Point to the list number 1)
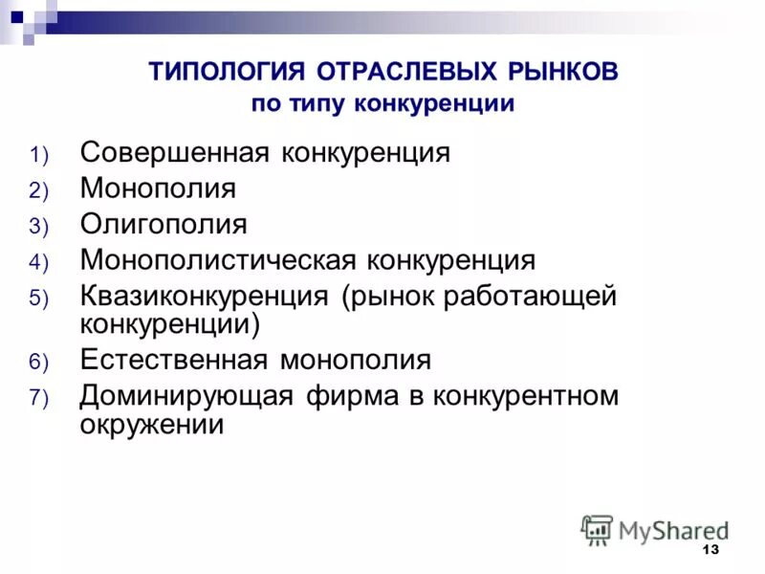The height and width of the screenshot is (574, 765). point(44,155)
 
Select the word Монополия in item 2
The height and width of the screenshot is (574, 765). point(158,188)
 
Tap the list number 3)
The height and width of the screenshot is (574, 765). point(44,226)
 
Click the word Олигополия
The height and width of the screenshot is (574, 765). point(164,224)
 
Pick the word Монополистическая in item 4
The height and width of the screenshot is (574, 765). point(218,259)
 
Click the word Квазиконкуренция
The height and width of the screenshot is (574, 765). point(205,295)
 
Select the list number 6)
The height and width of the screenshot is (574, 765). point(44,363)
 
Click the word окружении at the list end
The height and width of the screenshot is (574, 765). point(152,424)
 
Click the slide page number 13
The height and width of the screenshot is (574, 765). point(710,549)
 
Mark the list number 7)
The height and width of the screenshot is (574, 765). point(44,398)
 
